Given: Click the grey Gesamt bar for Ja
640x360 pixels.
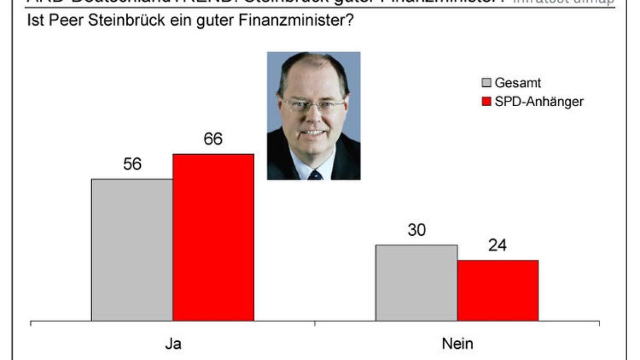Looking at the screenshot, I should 132,250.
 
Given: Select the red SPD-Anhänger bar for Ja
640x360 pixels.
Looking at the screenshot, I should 213,238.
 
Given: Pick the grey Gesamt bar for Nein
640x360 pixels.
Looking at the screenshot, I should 417,283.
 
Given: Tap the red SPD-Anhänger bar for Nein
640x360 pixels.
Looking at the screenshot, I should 498,291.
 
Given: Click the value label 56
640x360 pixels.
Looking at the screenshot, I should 132,164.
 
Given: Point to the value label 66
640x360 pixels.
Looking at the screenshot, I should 213,139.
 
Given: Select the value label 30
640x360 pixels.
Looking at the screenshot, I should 417,230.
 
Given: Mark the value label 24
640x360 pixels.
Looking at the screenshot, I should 498,246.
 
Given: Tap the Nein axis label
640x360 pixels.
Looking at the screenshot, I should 457,344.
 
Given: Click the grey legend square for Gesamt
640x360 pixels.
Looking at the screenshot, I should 486,83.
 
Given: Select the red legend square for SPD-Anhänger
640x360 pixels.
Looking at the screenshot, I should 486,101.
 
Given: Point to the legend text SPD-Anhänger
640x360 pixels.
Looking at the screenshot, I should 539,101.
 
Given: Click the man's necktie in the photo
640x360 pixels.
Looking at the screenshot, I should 315,174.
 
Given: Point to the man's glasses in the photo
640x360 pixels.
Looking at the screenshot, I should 313,105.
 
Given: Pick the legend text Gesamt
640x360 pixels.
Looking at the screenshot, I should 518,83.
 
